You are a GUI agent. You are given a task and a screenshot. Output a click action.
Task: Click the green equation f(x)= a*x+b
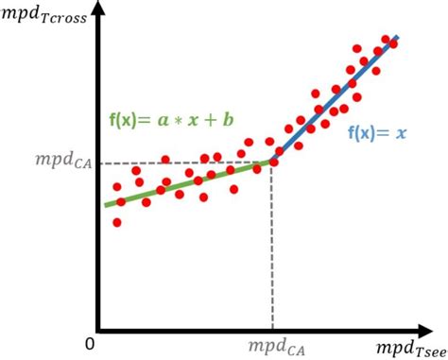(x=169, y=121)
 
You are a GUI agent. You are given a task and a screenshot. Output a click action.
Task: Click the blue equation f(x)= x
(x=376, y=134)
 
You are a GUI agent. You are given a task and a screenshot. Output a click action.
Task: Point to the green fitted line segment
(x=189, y=183)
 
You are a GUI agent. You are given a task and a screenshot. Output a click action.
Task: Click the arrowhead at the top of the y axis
(x=98, y=11)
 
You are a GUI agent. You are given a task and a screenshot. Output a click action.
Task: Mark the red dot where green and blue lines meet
(x=273, y=163)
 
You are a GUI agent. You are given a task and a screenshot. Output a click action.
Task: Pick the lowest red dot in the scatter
(x=116, y=223)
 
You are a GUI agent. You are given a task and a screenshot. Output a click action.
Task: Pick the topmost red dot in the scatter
(x=386, y=41)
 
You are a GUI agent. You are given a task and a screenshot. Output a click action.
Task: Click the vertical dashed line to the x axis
(x=272, y=246)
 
